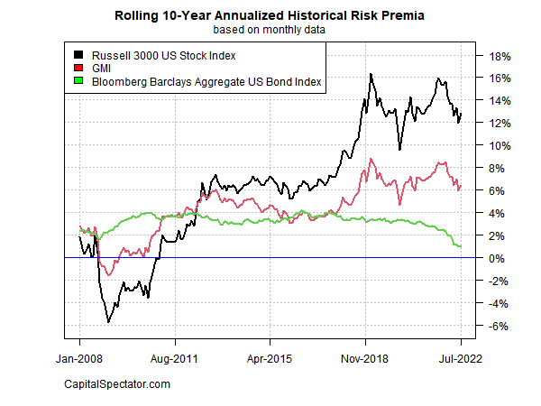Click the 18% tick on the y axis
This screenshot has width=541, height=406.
pyautogui.click(x=500, y=56)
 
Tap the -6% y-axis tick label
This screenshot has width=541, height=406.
pyautogui.click(x=499, y=327)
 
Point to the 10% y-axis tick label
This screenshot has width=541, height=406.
pyautogui.click(x=500, y=146)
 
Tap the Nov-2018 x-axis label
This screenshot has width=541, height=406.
pyautogui.click(x=365, y=357)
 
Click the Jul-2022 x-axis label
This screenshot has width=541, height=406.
pyautogui.click(x=461, y=357)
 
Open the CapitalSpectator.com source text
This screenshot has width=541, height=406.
pyautogui.click(x=117, y=385)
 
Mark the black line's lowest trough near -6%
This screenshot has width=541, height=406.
pyautogui.click(x=108, y=321)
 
